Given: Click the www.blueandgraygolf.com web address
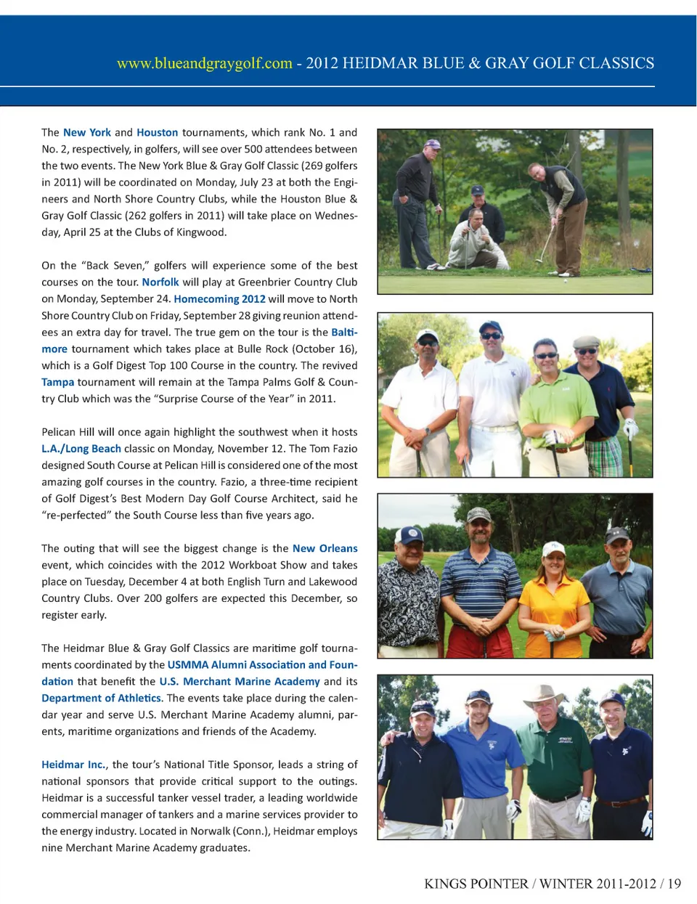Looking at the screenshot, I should (204, 63).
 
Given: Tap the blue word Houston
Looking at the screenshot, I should (157, 132).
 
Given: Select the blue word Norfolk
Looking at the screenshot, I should (160, 282).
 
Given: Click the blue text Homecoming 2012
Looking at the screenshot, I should (219, 298).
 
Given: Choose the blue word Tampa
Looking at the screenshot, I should (57, 382).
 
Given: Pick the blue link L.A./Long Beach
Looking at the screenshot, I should (81, 449).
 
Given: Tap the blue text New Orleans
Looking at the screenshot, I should (325, 548).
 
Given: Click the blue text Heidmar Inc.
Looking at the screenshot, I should (73, 765).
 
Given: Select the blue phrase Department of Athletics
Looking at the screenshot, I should (101, 698).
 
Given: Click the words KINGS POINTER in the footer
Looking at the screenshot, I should (476, 884).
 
